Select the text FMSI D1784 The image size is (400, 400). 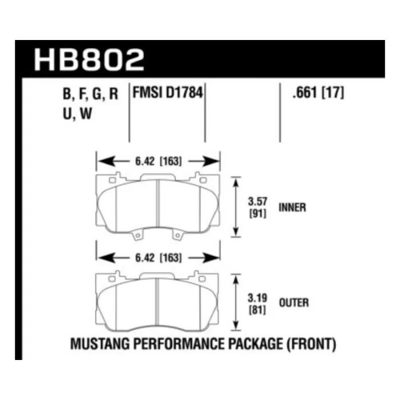(x=167, y=93)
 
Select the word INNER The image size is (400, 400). (x=293, y=207)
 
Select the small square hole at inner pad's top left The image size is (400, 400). (x=111, y=181)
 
